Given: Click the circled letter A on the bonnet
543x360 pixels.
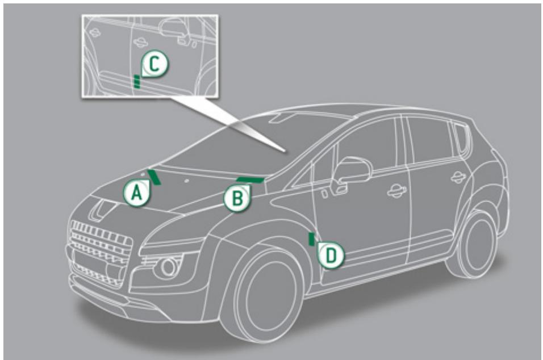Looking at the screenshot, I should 135,194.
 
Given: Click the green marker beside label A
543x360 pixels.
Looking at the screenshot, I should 153,177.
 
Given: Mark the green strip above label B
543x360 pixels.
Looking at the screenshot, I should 250,180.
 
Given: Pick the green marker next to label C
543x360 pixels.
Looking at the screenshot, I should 136,81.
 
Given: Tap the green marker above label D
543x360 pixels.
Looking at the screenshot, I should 311,238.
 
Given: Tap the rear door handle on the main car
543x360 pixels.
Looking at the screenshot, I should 458,177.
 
